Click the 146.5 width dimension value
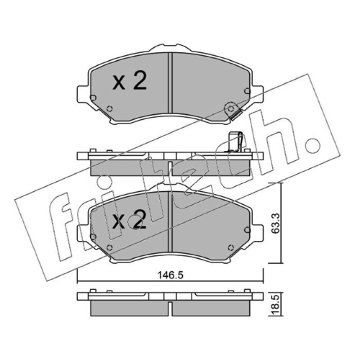(171, 275)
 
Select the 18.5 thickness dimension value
(276, 305)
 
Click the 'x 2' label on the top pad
(130, 81)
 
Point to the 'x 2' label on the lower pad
(130, 219)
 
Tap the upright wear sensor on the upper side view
(235, 142)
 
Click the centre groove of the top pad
(170, 83)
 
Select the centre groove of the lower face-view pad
(170, 221)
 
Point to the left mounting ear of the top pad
(83, 94)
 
